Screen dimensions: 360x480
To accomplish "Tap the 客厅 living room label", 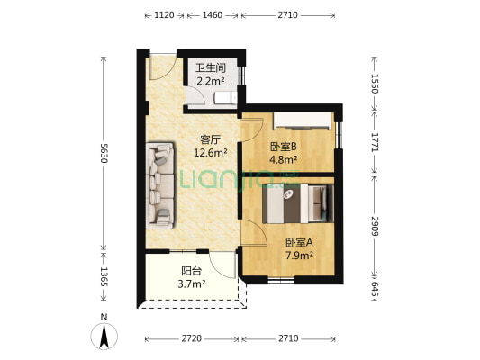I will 210,139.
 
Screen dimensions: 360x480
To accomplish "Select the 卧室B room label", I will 283,148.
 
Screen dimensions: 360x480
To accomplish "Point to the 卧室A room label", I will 299,242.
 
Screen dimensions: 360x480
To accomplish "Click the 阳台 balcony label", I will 191,270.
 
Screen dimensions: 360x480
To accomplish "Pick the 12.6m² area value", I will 210,153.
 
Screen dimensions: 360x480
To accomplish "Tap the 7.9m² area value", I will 299,256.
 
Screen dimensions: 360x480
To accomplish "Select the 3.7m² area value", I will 191,283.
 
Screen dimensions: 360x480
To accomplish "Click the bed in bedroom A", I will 296,203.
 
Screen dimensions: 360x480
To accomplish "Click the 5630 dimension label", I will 104,152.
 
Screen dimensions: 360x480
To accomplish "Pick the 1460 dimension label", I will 213,15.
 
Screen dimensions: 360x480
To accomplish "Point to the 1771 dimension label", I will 374,141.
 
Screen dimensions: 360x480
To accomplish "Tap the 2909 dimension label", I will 374,225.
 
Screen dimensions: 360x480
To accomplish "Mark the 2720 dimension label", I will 190,338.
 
